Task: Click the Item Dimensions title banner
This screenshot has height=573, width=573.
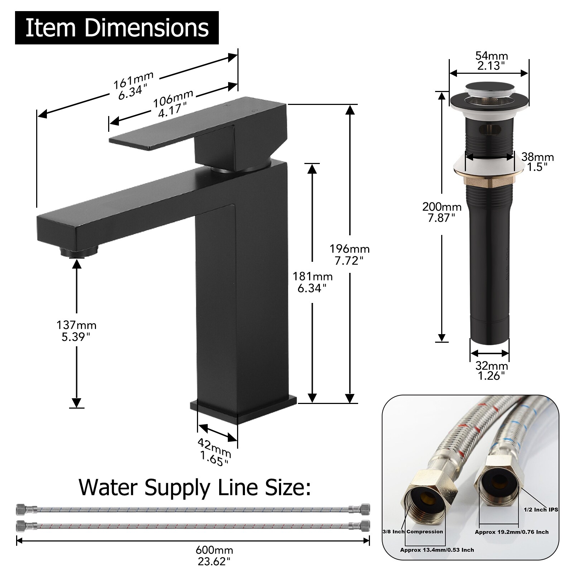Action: [x=117, y=28]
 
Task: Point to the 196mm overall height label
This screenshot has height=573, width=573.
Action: [x=350, y=254]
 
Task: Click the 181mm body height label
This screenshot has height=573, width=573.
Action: [x=312, y=282]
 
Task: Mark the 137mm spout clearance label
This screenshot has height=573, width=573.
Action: [x=76, y=331]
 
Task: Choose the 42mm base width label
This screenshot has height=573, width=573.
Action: [x=214, y=453]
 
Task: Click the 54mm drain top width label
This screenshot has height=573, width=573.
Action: [x=491, y=61]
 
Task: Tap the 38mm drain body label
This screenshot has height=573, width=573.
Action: [x=537, y=162]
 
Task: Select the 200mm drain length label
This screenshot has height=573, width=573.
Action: [x=442, y=212]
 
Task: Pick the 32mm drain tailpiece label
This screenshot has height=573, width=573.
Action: [x=491, y=370]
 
